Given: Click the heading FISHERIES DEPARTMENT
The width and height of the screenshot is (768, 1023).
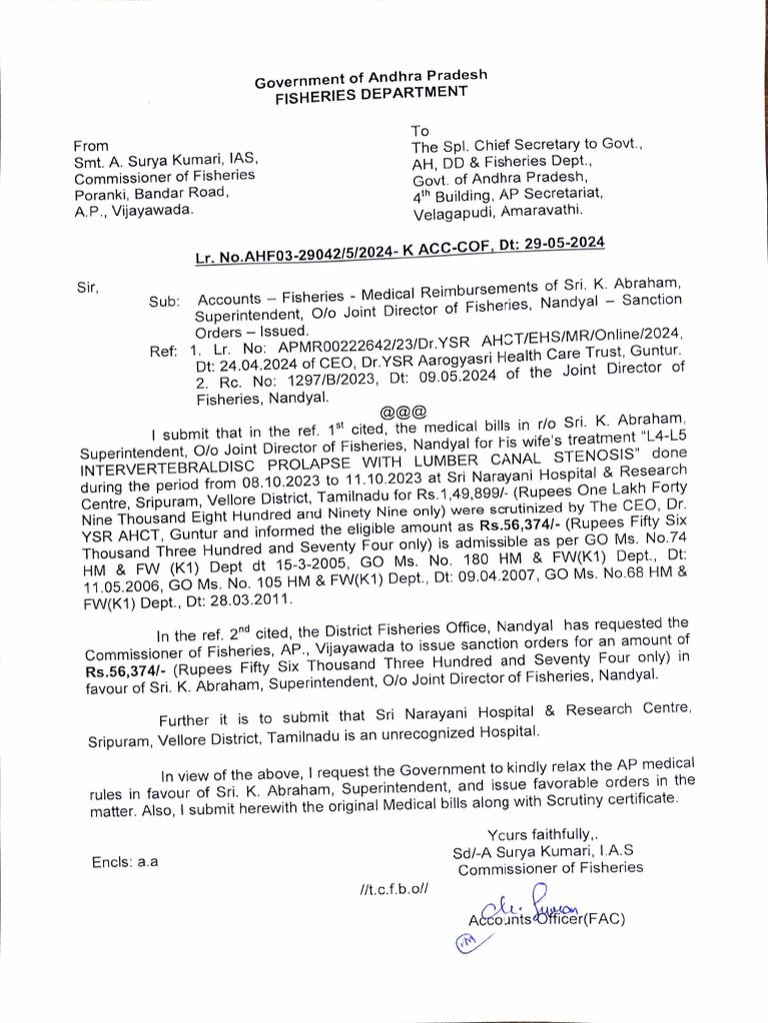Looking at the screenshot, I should (372, 93).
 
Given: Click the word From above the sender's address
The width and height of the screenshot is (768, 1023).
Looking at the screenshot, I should (90, 145).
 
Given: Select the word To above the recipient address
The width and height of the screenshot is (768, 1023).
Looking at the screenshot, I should (421, 130).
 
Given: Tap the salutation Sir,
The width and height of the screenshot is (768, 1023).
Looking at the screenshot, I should (89, 288).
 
